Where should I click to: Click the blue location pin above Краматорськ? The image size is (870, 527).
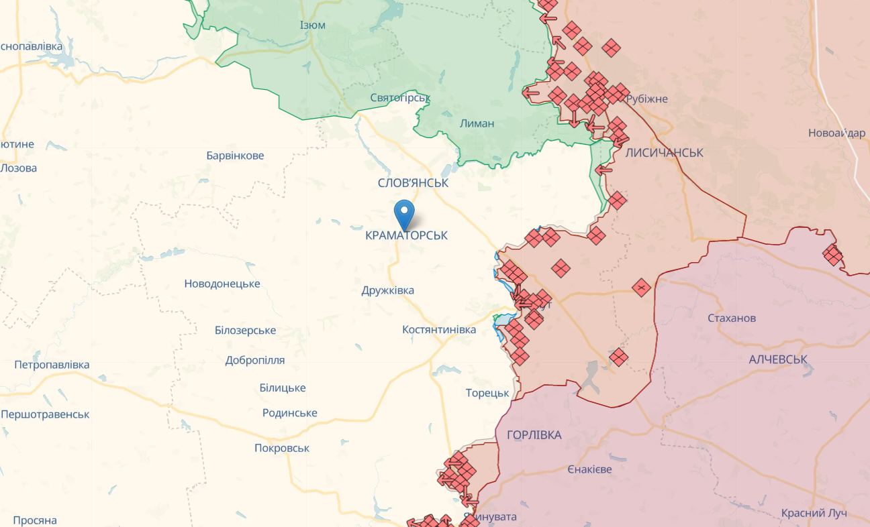tap(404, 214)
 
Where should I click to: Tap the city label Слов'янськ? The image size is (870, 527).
tap(413, 182)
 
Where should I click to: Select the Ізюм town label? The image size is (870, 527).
tap(313, 25)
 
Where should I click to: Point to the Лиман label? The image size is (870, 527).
tap(477, 123)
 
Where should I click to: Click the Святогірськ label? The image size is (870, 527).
tap(400, 98)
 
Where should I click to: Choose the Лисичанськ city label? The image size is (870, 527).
tap(664, 153)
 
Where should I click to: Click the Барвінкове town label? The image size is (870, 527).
tap(235, 156)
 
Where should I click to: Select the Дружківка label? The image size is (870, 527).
tap(387, 290)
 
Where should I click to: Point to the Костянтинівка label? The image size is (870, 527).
tap(439, 329)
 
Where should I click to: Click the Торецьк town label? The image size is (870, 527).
tap(487, 393)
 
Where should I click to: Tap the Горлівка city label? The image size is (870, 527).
tap(534, 435)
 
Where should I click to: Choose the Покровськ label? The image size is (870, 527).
tap(282, 448)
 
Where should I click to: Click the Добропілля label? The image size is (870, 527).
tap(254, 360)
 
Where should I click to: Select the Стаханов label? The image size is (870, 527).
tap(732, 318)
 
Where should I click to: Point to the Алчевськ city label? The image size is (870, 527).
tap(778, 359)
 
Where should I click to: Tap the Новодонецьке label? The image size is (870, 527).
tap(222, 284)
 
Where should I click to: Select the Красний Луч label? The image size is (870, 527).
tap(814, 513)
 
